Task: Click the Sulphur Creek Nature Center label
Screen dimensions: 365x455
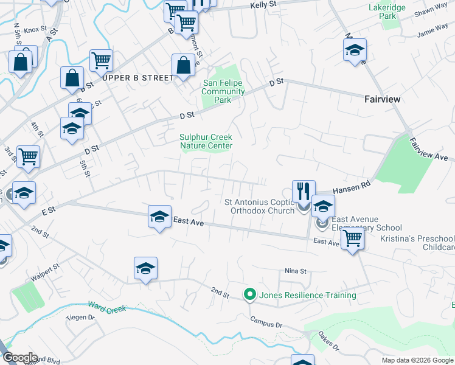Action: (x=206, y=142)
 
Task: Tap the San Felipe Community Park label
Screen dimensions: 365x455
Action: (x=223, y=92)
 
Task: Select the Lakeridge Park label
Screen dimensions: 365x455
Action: (x=383, y=12)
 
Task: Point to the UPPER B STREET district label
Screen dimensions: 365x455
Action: (x=138, y=78)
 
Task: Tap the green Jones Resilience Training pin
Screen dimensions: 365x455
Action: (x=249, y=295)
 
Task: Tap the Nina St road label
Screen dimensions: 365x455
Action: (x=295, y=271)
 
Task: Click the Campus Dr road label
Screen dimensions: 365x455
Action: (x=266, y=322)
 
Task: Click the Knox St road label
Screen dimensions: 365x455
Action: (x=35, y=29)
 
